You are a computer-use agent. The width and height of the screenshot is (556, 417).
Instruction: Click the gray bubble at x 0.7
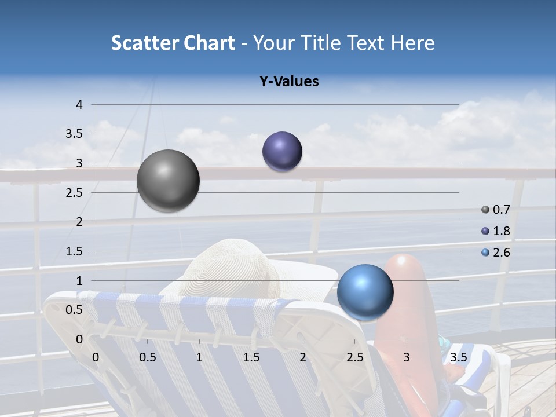click(x=169, y=180)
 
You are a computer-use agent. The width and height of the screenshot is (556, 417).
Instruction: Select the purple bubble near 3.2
click(x=282, y=152)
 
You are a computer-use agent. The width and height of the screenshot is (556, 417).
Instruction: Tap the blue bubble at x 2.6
click(x=365, y=292)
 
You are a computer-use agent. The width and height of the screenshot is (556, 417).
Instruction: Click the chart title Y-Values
click(x=289, y=82)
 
